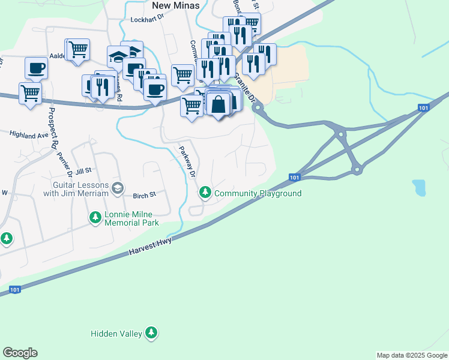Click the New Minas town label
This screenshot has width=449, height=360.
click(x=173, y=5)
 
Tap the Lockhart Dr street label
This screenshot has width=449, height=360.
click(x=147, y=20)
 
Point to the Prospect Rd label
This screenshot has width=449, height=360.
click(x=53, y=130)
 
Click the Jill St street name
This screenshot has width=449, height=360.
click(x=83, y=171)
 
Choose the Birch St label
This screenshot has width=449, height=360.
click(x=144, y=195)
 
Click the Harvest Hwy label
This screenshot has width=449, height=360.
click(x=150, y=248)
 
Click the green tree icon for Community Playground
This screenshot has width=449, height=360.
click(x=205, y=193)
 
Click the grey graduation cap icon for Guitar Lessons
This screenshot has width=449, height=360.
click(x=118, y=188)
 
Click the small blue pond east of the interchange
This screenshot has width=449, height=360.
click(x=419, y=188)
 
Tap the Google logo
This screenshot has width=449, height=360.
click(x=20, y=353)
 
